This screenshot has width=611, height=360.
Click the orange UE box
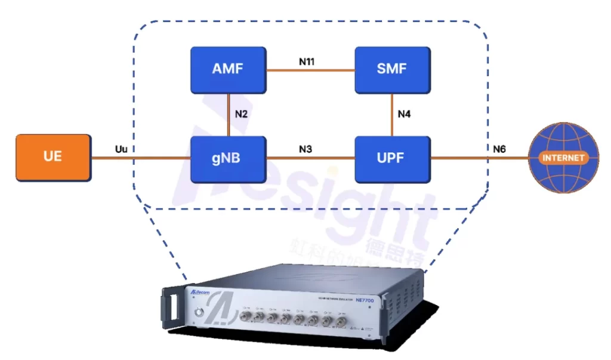[x=53, y=158]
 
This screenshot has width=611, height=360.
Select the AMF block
[x=228, y=69]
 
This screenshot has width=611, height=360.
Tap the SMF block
[x=392, y=69]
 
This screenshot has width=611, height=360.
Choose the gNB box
[x=228, y=158]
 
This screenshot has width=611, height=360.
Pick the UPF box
[x=392, y=158]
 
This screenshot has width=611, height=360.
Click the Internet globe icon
[x=563, y=158]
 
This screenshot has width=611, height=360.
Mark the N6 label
[x=499, y=149]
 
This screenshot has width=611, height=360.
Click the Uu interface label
[x=121, y=149]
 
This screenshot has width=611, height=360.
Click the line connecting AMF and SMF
[x=310, y=70]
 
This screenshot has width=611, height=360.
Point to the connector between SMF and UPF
[x=392, y=115]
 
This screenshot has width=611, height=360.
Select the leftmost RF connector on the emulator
[x=245, y=317]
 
